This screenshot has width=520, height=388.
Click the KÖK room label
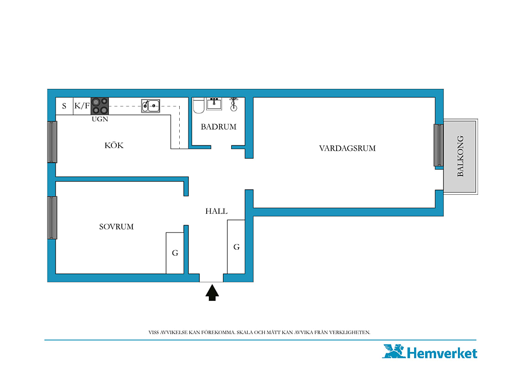[x=114, y=145]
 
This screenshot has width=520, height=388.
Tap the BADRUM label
[x=218, y=127]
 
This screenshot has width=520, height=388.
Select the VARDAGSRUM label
[x=347, y=148]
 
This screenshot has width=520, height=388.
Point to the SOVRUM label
[x=116, y=227]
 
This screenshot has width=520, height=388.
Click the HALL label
[x=216, y=211]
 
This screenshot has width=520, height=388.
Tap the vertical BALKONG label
[x=460, y=156]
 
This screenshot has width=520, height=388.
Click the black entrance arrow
[x=212, y=293]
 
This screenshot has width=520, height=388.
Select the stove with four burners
[x=100, y=106]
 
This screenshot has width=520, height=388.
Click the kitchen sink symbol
[x=151, y=106]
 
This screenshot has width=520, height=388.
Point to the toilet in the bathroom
[x=198, y=106]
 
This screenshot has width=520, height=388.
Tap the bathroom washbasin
[x=214, y=104]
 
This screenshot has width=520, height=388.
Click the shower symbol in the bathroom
[x=234, y=104]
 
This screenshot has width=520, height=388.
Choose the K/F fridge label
[x=82, y=106]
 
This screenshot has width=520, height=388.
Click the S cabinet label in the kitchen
[x=64, y=106]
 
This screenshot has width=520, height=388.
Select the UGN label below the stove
[x=100, y=119]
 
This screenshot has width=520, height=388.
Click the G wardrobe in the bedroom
[x=175, y=253]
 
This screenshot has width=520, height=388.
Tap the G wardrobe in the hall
[x=236, y=247]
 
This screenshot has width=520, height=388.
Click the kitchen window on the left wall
[x=52, y=142]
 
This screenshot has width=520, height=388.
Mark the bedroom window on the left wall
[x=52, y=217]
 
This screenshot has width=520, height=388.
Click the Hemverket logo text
[x=442, y=353]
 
